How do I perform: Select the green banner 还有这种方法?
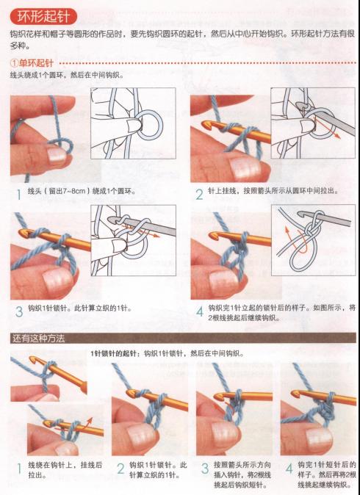click(x=38, y=339)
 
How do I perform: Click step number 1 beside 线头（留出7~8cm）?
click(x=18, y=195)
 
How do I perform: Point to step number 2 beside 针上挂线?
click(x=198, y=195)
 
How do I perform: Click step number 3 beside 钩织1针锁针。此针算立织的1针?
click(x=18, y=310)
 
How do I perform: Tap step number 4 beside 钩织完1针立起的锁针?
click(x=198, y=311)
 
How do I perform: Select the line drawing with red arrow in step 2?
click(x=312, y=121)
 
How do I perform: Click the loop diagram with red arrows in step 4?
click(x=312, y=239)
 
